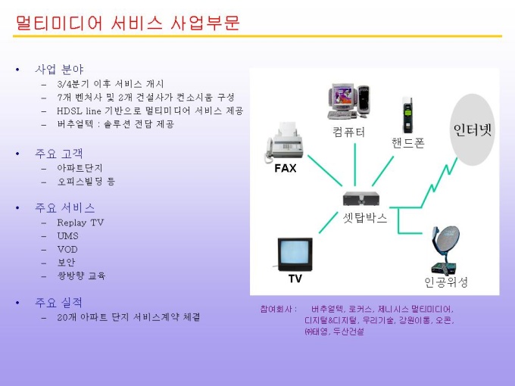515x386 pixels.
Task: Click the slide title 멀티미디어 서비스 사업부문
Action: click(128, 23)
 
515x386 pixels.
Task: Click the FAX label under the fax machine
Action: click(286, 169)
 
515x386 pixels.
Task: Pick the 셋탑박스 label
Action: click(365, 218)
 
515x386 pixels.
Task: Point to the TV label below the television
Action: click(295, 279)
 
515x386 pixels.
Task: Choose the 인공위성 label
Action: click(446, 282)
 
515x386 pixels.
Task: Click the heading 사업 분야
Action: click(59, 70)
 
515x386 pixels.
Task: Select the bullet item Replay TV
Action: click(80, 223)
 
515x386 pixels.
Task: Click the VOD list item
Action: click(67, 249)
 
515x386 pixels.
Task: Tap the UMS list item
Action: click(67, 236)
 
